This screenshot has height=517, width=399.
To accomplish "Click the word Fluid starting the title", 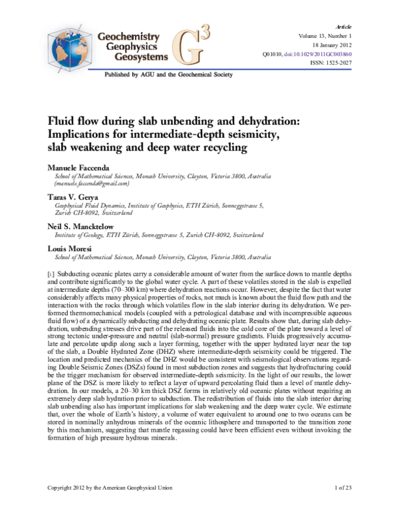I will (61, 121).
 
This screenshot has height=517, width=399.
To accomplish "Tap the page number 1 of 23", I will (346, 488).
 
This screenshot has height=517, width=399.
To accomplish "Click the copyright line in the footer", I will (110, 488).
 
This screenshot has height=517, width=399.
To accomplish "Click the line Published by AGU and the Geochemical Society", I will (168, 75).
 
